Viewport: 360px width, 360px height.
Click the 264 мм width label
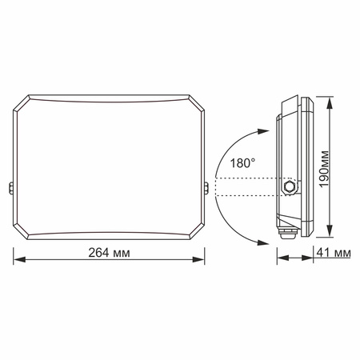click(110, 252)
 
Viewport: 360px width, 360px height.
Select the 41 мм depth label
click(334, 253)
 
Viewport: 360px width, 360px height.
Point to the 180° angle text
click(242, 162)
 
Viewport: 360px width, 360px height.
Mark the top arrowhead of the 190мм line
click(330, 99)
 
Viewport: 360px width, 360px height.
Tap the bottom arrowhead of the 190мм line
click(330, 235)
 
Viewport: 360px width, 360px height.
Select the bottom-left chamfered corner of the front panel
click(22, 231)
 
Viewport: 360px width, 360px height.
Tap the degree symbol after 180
click(254, 159)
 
